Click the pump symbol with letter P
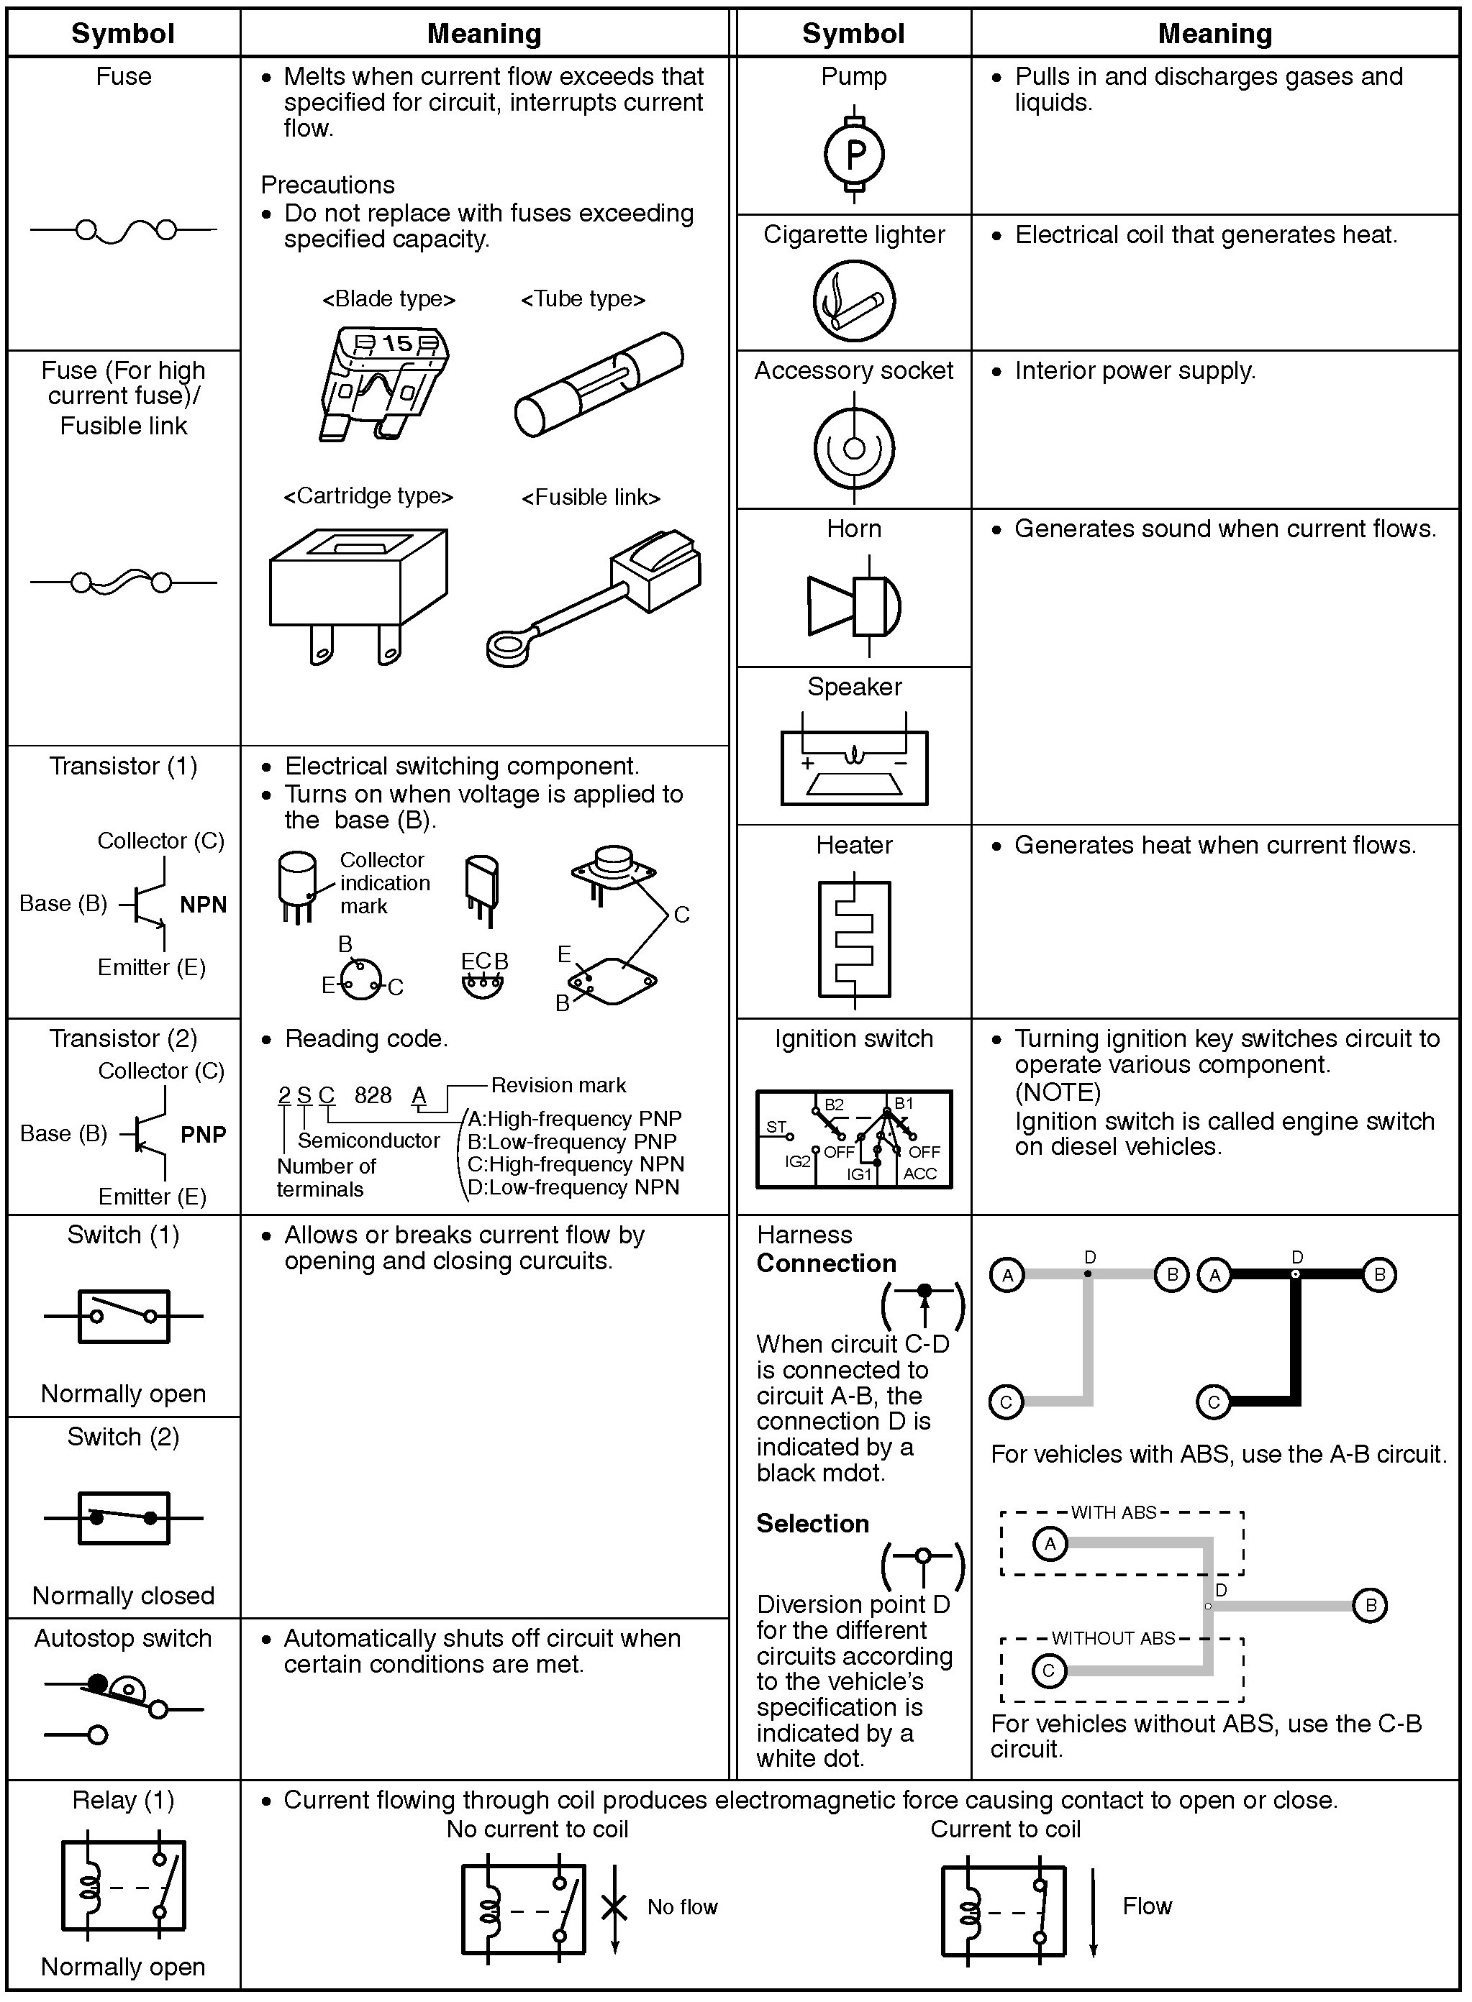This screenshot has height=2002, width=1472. point(853,155)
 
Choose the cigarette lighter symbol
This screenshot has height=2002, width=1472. point(853,300)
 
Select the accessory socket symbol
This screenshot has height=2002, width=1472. point(853,448)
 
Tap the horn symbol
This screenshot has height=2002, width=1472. point(853,605)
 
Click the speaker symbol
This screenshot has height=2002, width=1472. point(853,766)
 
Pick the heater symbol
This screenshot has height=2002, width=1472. point(853,940)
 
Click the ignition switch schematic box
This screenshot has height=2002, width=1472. point(853,1139)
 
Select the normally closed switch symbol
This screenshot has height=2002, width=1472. point(123,1519)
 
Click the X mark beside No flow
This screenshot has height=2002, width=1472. point(614,1906)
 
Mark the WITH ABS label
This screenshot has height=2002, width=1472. point(1113,1512)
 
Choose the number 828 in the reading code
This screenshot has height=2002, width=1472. point(373,1095)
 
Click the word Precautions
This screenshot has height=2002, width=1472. point(327,186)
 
